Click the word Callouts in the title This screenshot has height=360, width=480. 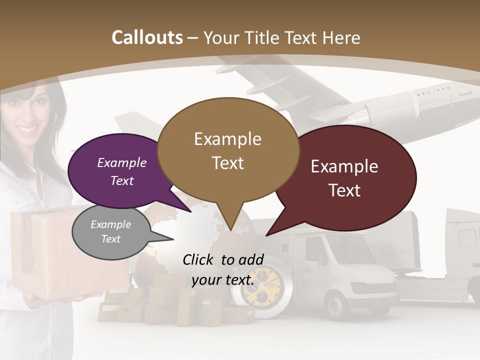(147, 37)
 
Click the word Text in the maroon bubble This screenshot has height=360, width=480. (344, 190)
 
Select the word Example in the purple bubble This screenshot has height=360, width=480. (122, 163)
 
